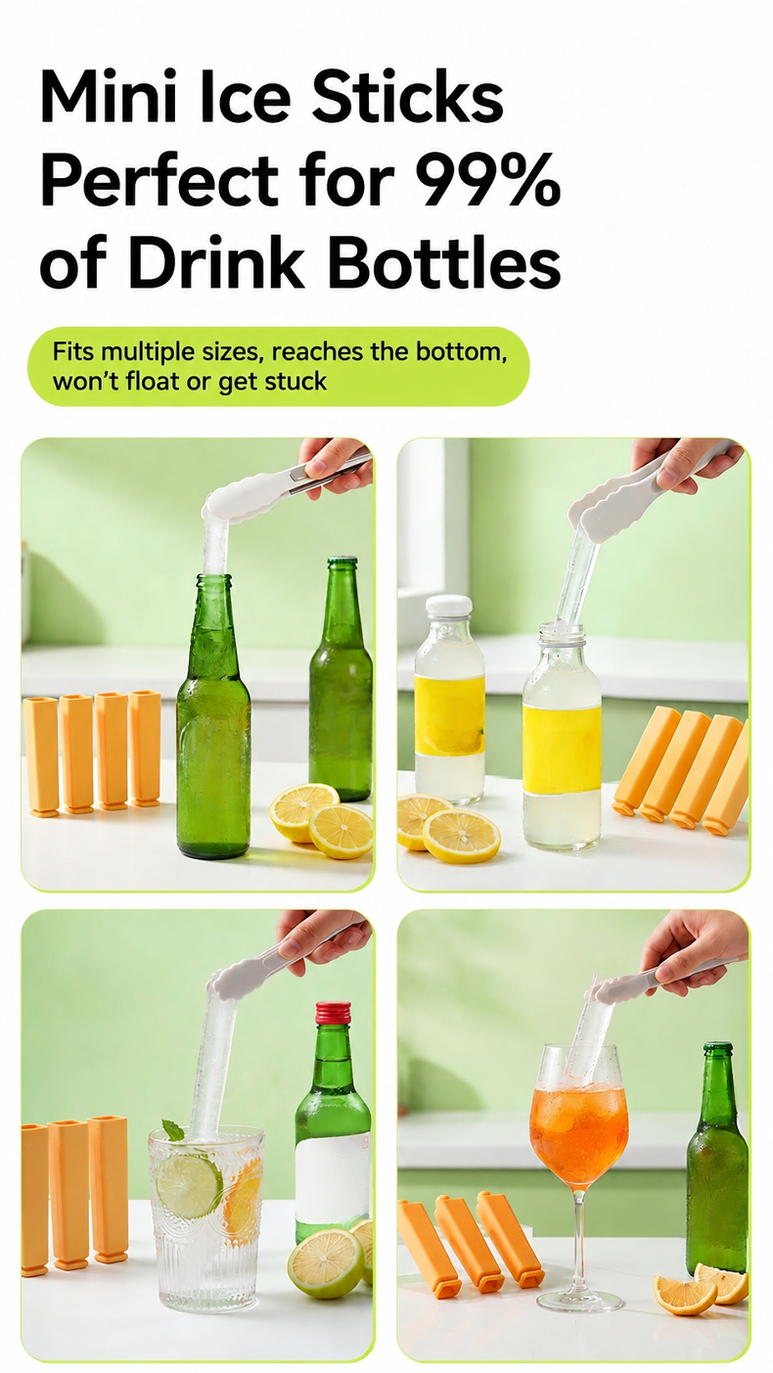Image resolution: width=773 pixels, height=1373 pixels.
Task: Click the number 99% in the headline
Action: click(483, 180)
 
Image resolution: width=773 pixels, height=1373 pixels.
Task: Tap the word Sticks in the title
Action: click(407, 98)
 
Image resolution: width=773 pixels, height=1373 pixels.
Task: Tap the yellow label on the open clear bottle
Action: click(562, 748)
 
